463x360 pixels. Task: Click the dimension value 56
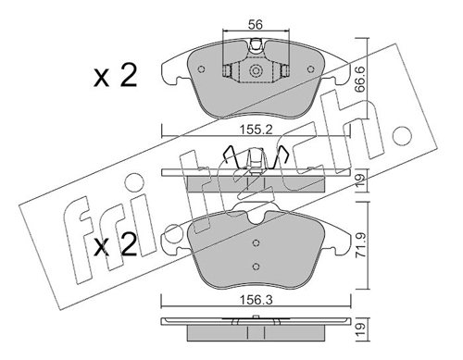[x=256, y=24]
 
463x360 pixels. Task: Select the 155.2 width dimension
[x=256, y=130]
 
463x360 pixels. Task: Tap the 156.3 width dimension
[x=256, y=300]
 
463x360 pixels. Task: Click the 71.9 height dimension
[x=360, y=245]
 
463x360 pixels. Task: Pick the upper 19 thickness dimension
[x=360, y=180]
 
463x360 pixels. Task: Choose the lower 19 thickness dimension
[x=360, y=329]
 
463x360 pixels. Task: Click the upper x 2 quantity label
[x=116, y=76]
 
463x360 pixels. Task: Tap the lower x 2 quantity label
[x=116, y=245]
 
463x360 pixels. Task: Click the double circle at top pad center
[x=256, y=71]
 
